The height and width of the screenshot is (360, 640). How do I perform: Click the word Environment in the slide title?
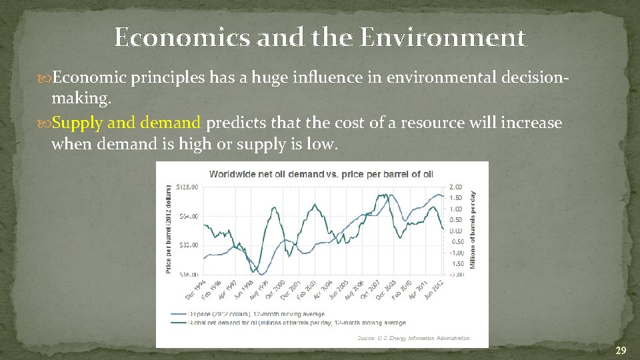click(x=443, y=37)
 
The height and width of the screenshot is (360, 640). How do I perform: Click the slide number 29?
click(x=620, y=350)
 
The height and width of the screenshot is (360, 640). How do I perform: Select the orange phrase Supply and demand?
click(x=126, y=123)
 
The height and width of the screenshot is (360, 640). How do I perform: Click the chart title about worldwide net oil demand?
click(x=321, y=174)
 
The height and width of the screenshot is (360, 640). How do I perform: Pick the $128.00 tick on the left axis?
click(x=187, y=187)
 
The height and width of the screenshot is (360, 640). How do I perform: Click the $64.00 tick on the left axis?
click(x=189, y=216)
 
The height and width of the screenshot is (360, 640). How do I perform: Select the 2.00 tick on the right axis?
click(x=456, y=187)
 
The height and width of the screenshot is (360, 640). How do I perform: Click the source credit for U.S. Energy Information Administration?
click(x=413, y=339)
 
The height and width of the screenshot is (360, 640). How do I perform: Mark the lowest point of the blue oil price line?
click(x=263, y=273)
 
